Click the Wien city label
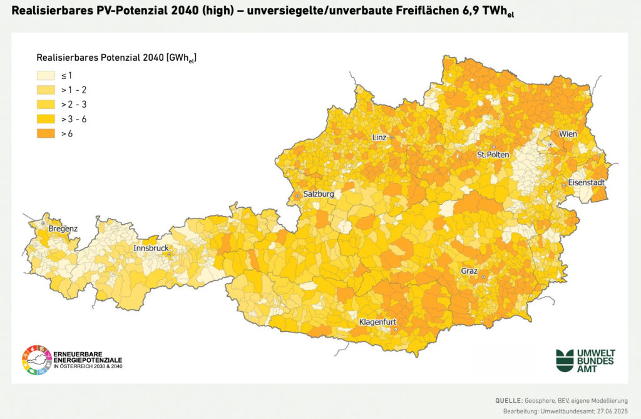pos(568,134)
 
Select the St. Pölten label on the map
pos(493,154)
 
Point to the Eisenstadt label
pos(586,183)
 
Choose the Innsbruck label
pos(151,249)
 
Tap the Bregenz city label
pos(63,229)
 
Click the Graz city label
pos(469,271)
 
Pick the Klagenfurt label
pos(377,323)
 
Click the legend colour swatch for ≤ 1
pos(46,75)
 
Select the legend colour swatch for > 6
pos(46,133)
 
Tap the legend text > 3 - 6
pos(74,119)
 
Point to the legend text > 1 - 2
pos(74,90)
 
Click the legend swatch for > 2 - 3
pos(46,105)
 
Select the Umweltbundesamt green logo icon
pos(565,361)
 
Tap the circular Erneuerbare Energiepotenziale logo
pos(36,361)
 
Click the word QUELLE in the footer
pos(508,400)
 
